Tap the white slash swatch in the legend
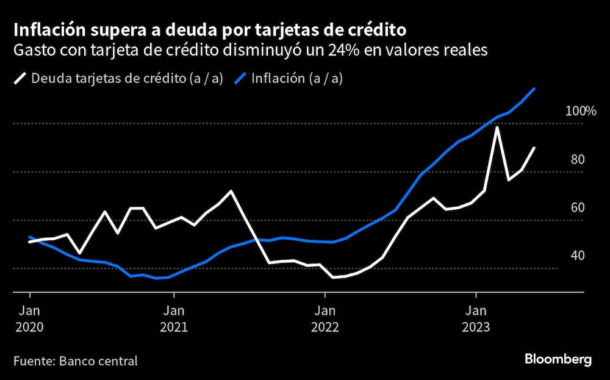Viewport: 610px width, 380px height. (20, 79)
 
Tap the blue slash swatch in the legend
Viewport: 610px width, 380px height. (240, 79)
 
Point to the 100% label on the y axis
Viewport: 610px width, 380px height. (580, 111)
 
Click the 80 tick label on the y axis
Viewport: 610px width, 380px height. (577, 160)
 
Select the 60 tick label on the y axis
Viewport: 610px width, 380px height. (577, 207)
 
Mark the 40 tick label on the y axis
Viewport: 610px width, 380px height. (577, 255)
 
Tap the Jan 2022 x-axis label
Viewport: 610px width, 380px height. (325, 318)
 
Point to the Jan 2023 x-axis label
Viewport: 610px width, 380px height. (476, 318)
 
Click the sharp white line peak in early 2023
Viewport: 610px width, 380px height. (498, 127)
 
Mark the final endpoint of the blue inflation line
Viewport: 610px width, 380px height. (535, 88)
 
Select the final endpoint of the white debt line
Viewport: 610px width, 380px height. (535, 148)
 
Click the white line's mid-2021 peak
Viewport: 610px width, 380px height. (231, 191)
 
